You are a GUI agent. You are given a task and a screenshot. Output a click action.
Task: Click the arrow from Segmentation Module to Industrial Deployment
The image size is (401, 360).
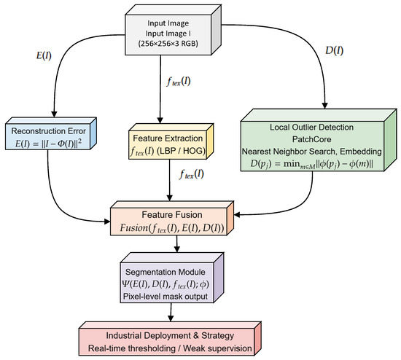pyautogui.click(x=172, y=309)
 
